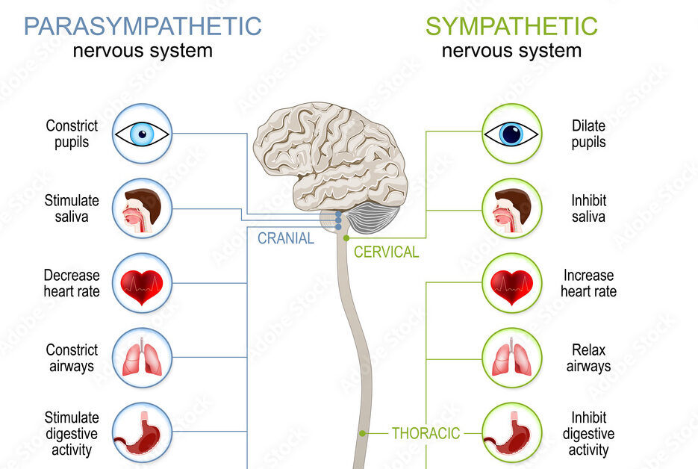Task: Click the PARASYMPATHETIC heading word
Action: [x=143, y=26]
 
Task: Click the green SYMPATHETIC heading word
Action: [x=511, y=26]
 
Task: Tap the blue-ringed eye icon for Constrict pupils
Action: [x=142, y=134]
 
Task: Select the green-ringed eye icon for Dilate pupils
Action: [x=511, y=134]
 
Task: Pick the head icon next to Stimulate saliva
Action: [x=142, y=208]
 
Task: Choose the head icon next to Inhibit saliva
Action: [x=511, y=208]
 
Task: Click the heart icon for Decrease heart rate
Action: [x=142, y=284]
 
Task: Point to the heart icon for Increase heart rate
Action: [x=511, y=284]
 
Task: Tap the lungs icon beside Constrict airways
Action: [x=142, y=358]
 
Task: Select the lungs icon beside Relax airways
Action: [x=511, y=358]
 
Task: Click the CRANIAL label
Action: [x=286, y=239]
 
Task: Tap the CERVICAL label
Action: [x=386, y=252]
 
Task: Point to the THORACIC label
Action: [x=426, y=433]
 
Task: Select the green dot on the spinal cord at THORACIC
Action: [x=362, y=433]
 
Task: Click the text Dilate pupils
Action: [x=589, y=134]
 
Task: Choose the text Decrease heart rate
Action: [x=71, y=284]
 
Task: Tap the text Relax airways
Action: [x=588, y=358]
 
